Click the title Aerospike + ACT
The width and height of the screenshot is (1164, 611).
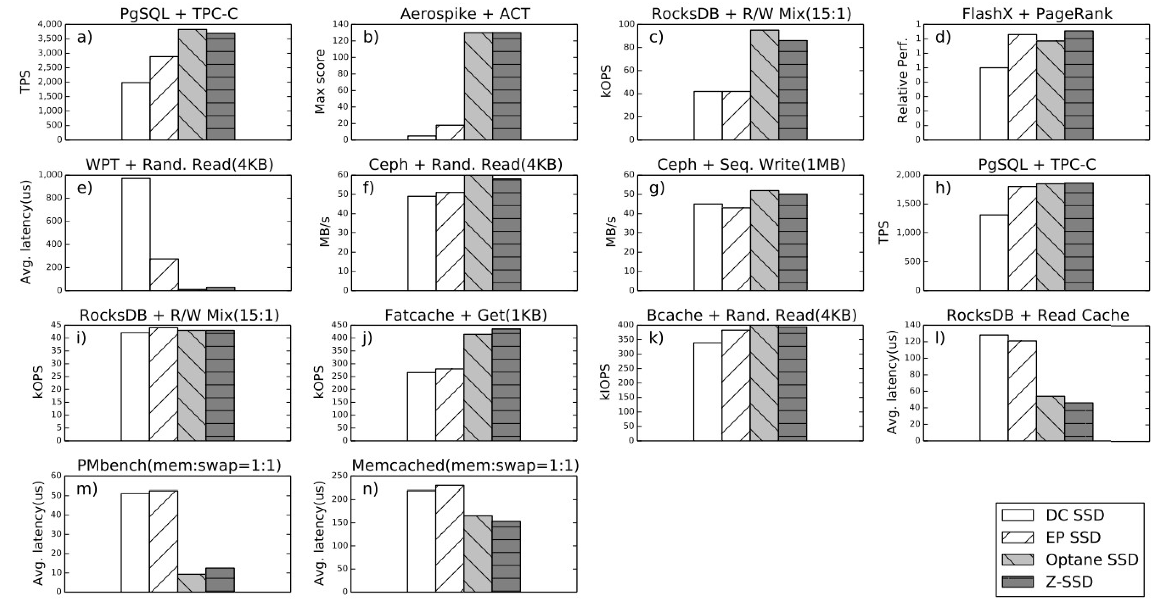(465, 13)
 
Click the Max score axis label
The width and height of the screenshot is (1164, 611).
(320, 82)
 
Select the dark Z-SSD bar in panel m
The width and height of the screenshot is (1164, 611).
(220, 579)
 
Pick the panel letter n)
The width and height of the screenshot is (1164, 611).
(370, 489)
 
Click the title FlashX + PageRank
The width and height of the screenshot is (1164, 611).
(1037, 13)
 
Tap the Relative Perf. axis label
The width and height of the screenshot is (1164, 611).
(902, 82)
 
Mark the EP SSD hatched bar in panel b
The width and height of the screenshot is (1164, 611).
(450, 132)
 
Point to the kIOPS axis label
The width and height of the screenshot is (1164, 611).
(606, 383)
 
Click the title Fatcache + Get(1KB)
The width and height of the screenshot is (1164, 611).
(465, 315)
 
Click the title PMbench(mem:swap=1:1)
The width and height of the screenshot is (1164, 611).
(179, 465)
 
